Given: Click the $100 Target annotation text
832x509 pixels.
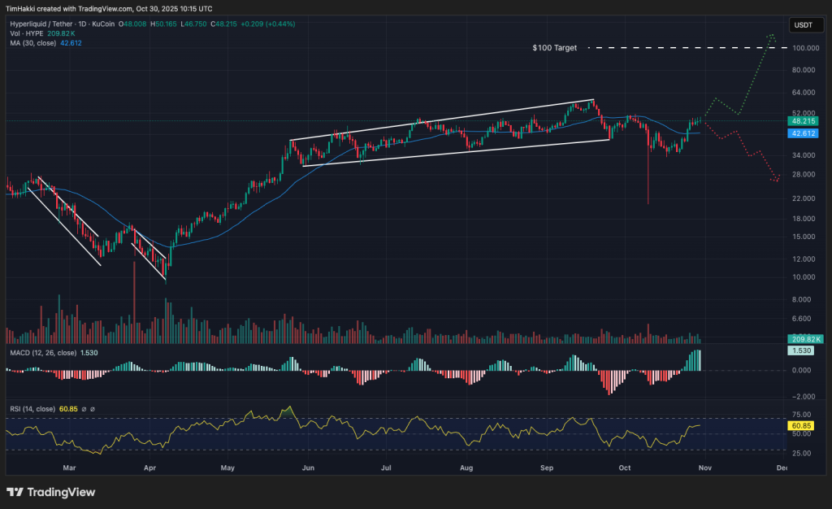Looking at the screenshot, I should [x=554, y=48].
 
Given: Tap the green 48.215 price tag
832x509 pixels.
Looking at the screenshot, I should [x=803, y=120].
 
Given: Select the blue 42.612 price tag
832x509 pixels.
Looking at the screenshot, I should [x=803, y=133].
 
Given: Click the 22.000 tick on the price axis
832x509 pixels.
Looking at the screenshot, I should [x=802, y=198].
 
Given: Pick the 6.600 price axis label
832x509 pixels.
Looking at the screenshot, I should [x=802, y=319].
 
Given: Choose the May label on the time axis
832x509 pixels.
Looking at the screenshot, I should [x=227, y=468].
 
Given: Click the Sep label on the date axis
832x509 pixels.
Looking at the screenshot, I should [x=546, y=468].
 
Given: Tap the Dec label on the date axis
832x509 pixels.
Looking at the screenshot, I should [x=782, y=468].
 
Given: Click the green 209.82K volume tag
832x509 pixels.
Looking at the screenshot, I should [x=803, y=338].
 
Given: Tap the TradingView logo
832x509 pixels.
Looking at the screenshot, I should [x=51, y=492].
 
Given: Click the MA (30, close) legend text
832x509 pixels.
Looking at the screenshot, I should [x=32, y=42].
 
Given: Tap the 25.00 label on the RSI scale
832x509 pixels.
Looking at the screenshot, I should [x=801, y=452].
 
